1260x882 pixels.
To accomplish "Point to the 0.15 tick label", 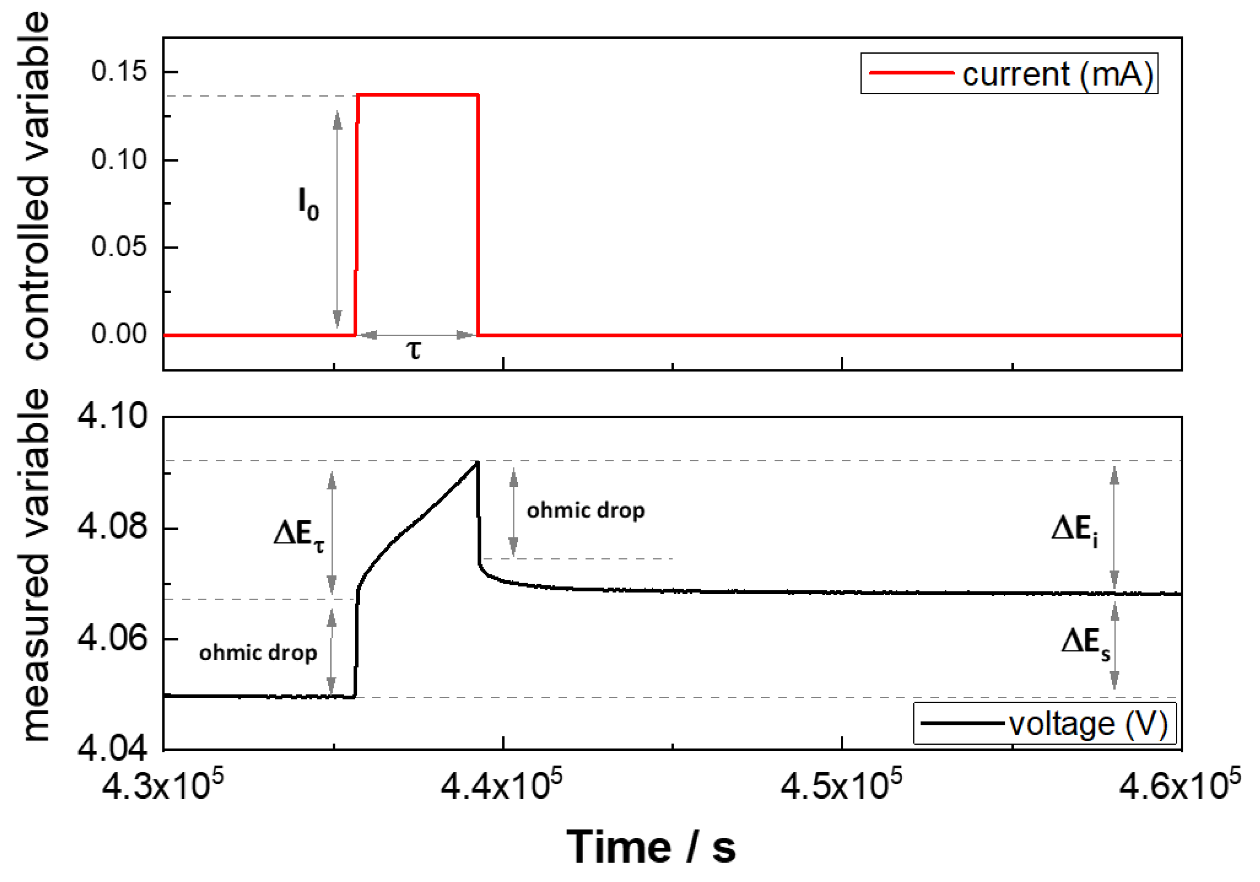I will click(x=119, y=72).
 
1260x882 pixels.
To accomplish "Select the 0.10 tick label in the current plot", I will click(x=119, y=160).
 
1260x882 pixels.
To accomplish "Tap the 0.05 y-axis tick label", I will click(x=119, y=247).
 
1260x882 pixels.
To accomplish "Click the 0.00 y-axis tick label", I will click(x=119, y=334).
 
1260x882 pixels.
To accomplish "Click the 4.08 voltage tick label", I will click(x=113, y=527).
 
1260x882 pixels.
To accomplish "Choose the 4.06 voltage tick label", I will click(x=113, y=638).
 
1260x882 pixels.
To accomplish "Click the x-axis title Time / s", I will click(x=651, y=847).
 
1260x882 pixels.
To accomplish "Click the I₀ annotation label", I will click(x=308, y=204).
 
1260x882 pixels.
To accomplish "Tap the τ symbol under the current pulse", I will click(x=414, y=350).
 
